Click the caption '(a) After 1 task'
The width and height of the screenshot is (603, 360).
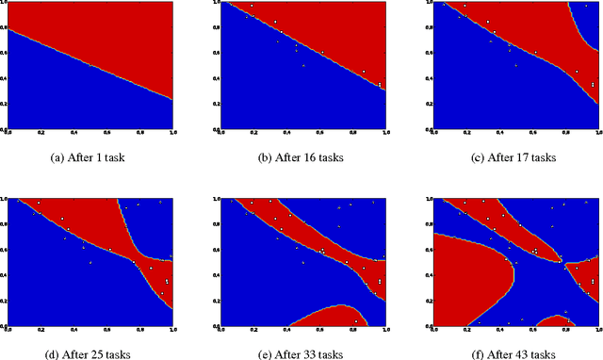pos(90,157)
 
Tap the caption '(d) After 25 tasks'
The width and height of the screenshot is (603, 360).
pos(90,353)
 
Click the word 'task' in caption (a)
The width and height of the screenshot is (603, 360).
pos(113,157)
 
